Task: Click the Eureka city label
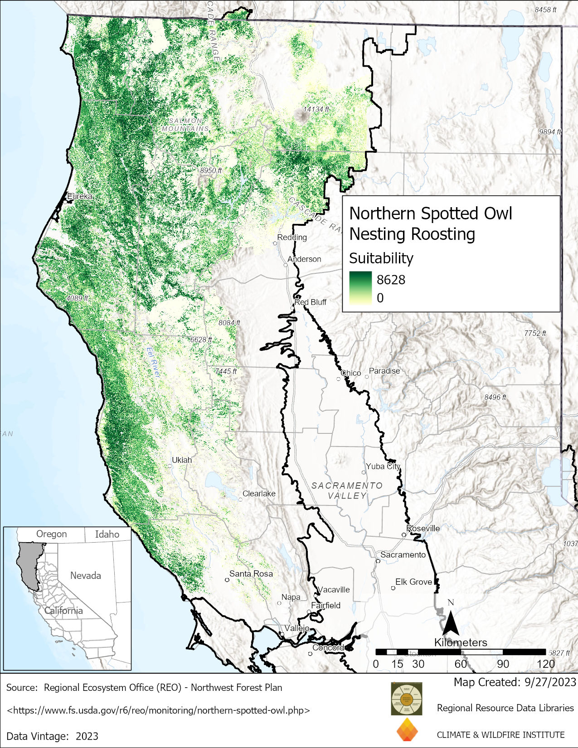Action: [80, 196]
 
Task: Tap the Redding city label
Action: [292, 237]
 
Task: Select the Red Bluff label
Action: [311, 302]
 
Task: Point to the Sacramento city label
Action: [403, 554]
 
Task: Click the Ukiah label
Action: [181, 460]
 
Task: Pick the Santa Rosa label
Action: [251, 573]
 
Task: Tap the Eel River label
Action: [153, 362]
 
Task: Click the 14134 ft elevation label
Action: [316, 109]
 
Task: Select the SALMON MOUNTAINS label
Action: [185, 125]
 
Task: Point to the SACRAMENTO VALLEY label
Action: [347, 491]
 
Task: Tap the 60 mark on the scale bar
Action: [460, 664]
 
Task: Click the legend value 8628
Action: [391, 280]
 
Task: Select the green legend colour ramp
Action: [360, 288]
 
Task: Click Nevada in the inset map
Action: [85, 575]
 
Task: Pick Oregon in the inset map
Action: [51, 534]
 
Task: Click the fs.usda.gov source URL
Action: [159, 710]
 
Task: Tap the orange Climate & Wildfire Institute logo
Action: [407, 730]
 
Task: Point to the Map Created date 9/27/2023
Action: [515, 682]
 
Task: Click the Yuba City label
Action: [383, 466]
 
